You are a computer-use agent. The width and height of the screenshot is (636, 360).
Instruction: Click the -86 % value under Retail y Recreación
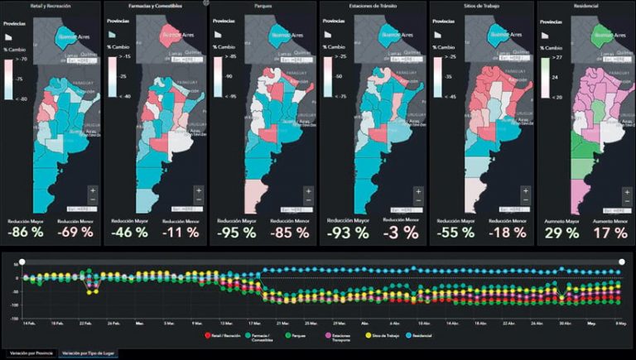click(26, 233)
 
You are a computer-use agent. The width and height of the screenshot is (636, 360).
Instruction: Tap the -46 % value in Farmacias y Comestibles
click(130, 233)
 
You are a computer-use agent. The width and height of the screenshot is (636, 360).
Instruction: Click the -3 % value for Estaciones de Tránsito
click(398, 233)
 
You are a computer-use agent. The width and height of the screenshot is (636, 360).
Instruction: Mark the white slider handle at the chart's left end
click(22, 262)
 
